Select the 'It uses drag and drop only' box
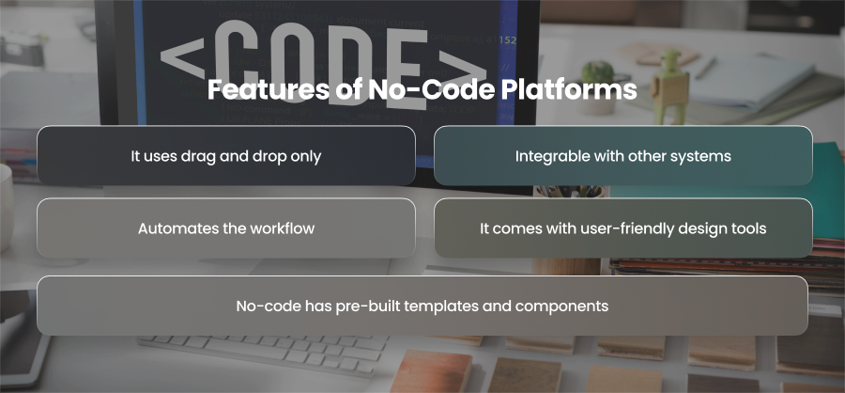click(226, 155)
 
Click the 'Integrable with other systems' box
click(623, 155)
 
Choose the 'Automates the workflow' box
click(226, 228)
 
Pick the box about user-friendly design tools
click(623, 228)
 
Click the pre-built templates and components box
click(422, 306)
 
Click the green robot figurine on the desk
click(669, 84)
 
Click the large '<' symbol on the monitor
click(183, 56)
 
